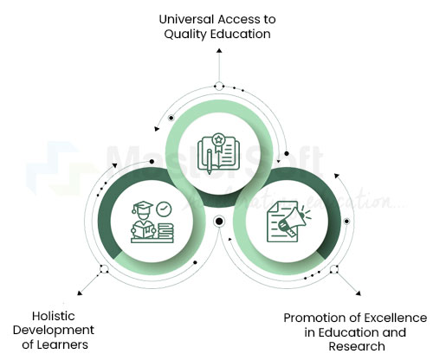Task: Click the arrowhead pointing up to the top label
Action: pyautogui.click(x=218, y=51)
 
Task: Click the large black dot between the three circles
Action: pyautogui.click(x=218, y=222)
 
